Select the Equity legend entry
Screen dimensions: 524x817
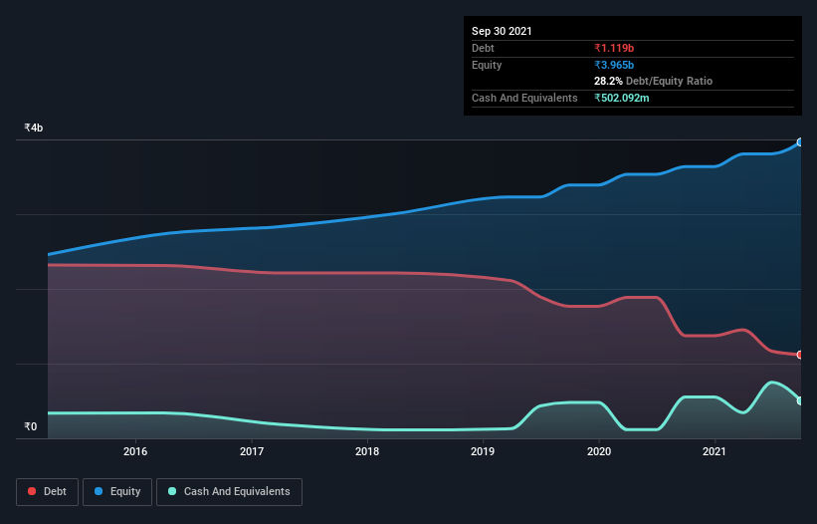[x=117, y=491]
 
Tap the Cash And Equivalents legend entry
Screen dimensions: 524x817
[x=229, y=491]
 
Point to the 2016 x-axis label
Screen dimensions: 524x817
[x=136, y=451]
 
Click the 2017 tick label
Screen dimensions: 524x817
[x=252, y=451]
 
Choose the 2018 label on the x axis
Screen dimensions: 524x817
[x=367, y=451]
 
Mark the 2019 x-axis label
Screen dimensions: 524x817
[x=483, y=451]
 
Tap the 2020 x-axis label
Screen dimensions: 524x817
[x=598, y=451]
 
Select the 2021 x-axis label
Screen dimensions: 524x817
[x=714, y=451]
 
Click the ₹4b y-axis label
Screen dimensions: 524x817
[x=34, y=129]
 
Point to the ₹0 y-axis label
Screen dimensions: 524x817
[x=31, y=427]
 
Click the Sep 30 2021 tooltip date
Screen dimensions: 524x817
[x=502, y=31]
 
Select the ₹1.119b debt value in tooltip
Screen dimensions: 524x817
[x=614, y=48]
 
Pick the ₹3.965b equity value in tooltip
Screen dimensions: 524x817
[x=614, y=65]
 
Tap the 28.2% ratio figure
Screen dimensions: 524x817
[x=608, y=81]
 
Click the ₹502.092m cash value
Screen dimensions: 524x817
[x=622, y=98]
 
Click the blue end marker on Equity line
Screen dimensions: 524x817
[x=800, y=142]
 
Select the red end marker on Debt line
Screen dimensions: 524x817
[x=800, y=355]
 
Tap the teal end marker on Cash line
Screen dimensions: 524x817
[x=800, y=400]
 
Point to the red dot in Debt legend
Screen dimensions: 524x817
[x=33, y=491]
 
